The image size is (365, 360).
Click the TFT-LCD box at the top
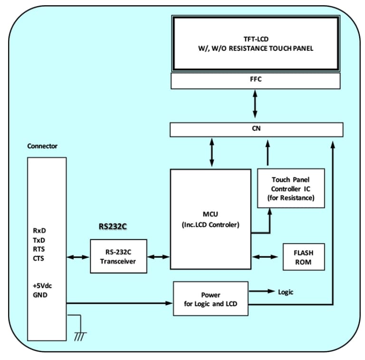tap(255, 43)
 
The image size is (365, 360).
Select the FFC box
tap(255, 80)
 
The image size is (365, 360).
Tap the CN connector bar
tap(256, 129)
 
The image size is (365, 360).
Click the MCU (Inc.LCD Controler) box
tap(211, 219)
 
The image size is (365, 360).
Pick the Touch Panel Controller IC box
tap(291, 188)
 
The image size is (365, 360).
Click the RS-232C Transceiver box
tap(118, 256)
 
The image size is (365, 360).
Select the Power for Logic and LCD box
tap(211, 299)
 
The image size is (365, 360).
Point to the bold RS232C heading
tap(113, 226)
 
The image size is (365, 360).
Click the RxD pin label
tap(39, 231)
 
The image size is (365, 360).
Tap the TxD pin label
tap(39, 240)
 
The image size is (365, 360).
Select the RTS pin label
tap(39, 249)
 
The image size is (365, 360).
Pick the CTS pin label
tap(39, 258)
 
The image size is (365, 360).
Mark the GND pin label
tap(40, 295)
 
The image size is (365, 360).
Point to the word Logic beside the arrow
tap(286, 292)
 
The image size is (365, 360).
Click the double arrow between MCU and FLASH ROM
tap(265, 257)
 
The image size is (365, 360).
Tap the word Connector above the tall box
tap(42, 146)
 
